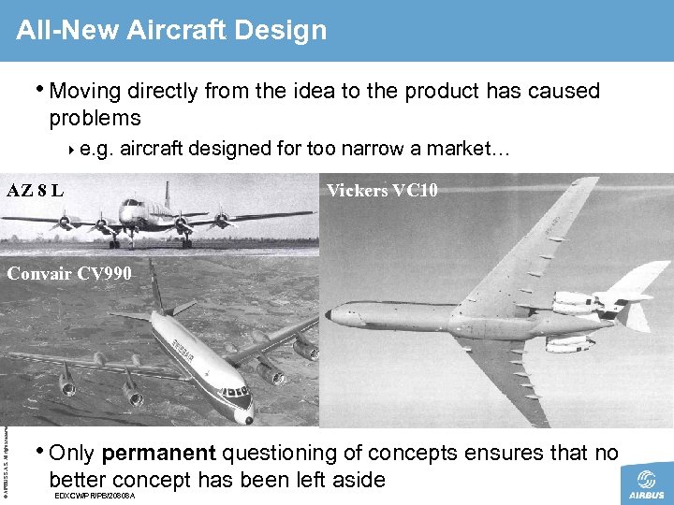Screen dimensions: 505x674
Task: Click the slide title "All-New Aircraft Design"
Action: [x=171, y=30]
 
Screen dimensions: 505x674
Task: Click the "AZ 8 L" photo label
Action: [x=36, y=192]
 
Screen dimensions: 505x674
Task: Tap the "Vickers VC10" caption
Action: [x=381, y=192]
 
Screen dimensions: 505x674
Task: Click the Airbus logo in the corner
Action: [x=646, y=485]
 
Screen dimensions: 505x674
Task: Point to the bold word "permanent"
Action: [x=158, y=454]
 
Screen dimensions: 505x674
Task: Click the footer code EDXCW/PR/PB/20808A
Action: [x=95, y=495]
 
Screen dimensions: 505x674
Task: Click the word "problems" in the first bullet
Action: [x=95, y=118]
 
